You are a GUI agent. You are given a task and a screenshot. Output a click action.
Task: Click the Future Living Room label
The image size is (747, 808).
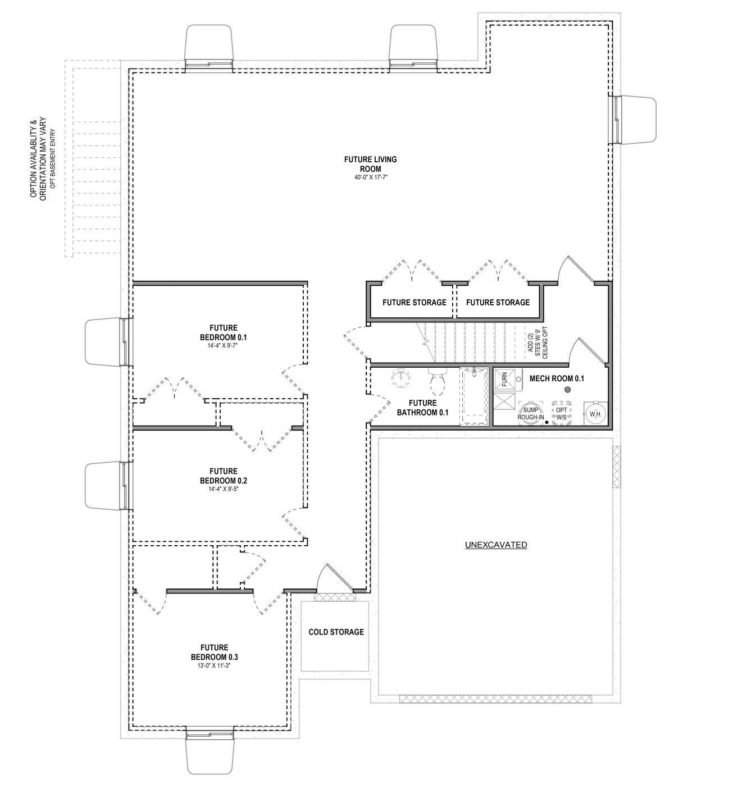click(370, 164)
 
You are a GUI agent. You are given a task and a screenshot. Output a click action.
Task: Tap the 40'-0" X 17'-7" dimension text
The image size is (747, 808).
click(370, 177)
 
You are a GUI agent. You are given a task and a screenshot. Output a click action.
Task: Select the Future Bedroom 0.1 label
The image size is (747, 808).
click(223, 332)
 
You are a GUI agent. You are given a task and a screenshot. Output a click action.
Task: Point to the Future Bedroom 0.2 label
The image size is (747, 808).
click(223, 476)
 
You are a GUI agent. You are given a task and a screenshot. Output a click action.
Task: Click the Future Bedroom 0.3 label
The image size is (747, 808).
click(214, 652)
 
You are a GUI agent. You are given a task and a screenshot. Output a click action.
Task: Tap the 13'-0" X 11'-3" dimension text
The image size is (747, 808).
click(214, 665)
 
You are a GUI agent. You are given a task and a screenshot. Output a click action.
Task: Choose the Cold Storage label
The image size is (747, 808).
click(336, 632)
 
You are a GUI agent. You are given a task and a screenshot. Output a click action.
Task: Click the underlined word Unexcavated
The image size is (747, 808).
click(496, 545)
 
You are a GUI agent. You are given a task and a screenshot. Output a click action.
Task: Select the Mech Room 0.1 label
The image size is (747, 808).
click(557, 378)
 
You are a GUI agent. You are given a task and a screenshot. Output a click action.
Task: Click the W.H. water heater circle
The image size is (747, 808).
click(595, 414)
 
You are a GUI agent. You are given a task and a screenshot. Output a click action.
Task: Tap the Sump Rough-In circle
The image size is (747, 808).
click(530, 413)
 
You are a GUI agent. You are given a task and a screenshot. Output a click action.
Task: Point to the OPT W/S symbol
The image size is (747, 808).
click(561, 413)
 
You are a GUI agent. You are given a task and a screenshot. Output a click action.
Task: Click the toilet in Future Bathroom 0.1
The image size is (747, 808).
click(438, 382)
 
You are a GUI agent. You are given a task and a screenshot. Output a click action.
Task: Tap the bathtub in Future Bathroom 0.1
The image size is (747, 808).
click(474, 396)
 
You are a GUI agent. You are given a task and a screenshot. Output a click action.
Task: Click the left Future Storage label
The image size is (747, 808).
click(414, 302)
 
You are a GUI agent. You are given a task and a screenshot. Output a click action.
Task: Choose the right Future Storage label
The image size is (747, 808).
click(498, 302)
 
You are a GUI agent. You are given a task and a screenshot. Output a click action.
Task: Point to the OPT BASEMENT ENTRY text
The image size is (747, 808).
click(52, 159)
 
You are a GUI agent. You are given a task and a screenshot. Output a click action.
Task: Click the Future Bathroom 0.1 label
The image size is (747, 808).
click(422, 408)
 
